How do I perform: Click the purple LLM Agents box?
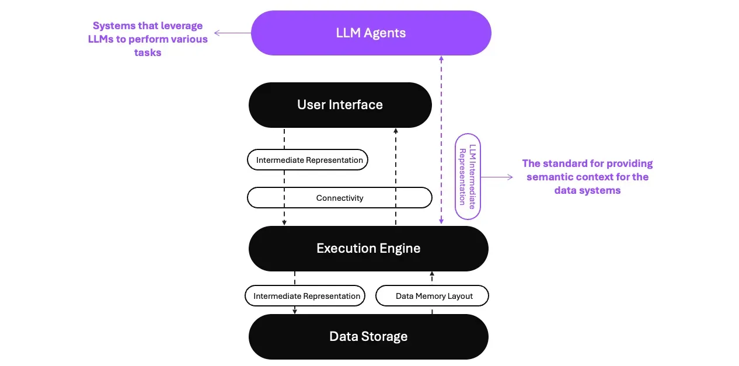point(371,33)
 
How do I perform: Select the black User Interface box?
point(340,105)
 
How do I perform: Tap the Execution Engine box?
point(368,249)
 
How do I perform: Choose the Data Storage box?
point(368,337)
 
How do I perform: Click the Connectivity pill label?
point(340,198)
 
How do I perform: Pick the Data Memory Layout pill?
point(432,296)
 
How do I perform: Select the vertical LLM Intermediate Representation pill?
point(468,177)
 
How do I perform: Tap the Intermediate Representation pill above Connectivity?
point(308,160)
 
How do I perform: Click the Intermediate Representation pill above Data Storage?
point(305,296)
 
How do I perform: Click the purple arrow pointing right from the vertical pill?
point(497,177)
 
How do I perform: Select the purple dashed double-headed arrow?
point(441,140)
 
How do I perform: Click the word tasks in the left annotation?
point(148,53)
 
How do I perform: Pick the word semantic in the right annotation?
point(549,177)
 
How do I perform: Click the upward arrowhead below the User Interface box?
point(396,132)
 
